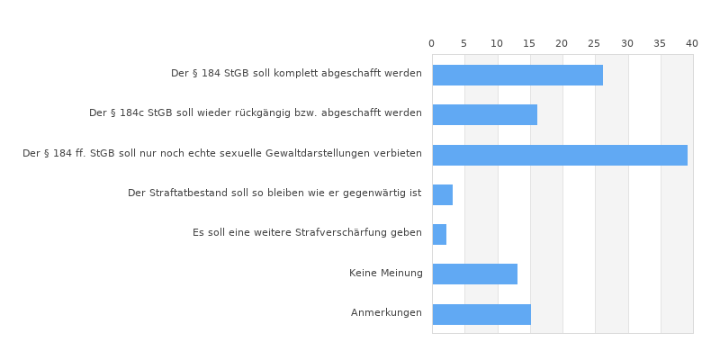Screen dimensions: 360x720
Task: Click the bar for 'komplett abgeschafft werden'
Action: pos(517,75)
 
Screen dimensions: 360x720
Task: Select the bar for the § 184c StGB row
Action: pos(484,114)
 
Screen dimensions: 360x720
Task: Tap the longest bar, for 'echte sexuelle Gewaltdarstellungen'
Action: pos(560,155)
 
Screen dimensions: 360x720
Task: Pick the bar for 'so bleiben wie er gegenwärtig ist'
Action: pos(442,194)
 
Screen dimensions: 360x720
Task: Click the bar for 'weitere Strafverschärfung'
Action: pos(439,234)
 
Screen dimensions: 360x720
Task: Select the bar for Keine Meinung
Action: pos(474,274)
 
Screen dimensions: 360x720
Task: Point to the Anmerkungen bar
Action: pos(481,314)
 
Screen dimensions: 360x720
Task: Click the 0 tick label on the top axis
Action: pos(431,44)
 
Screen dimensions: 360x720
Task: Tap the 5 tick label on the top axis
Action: pos(464,44)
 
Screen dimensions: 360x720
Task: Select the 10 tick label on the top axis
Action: pos(497,44)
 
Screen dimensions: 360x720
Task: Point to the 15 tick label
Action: pos(529,44)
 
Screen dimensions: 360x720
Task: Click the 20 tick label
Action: pos(562,44)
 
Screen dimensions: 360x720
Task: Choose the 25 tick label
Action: pos(595,44)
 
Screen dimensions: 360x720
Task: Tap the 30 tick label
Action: pos(627,44)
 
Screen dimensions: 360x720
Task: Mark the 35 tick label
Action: pos(660,44)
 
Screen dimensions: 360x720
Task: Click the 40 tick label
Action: pos(692,44)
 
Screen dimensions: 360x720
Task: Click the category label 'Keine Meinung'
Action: pos(385,274)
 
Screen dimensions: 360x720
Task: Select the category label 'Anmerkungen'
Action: pos(386,313)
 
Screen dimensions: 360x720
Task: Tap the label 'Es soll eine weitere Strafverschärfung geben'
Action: pos(307,233)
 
